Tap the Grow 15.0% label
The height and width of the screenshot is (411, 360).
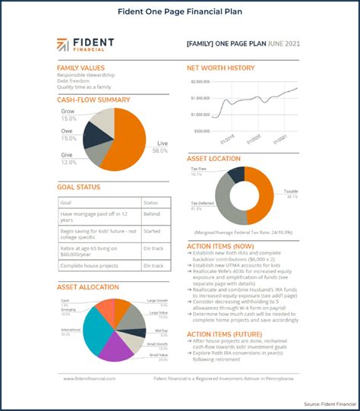tap(68, 115)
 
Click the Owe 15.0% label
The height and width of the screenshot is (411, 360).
tap(68, 135)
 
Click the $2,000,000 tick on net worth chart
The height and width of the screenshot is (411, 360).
tap(201, 81)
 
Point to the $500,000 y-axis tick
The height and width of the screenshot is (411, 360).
tap(202, 130)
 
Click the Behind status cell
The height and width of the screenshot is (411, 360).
tap(153, 217)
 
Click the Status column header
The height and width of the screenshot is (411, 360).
tap(151, 203)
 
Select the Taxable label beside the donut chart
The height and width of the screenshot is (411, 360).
tap(291, 191)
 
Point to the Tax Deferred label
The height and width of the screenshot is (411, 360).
tap(201, 204)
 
